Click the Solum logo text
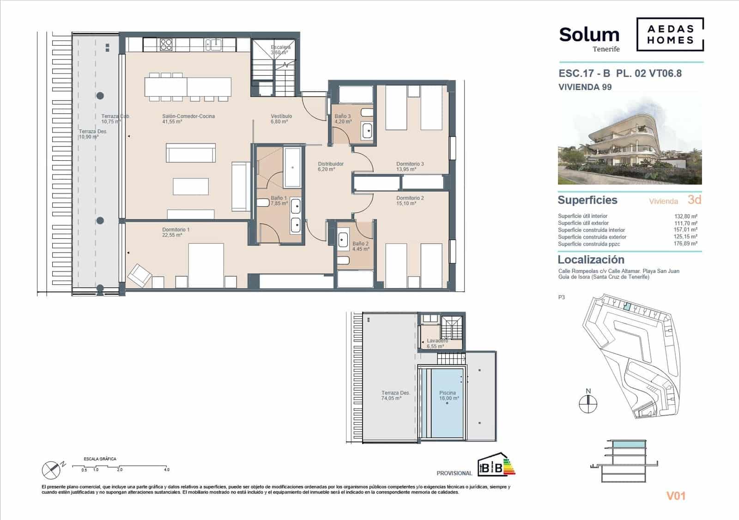589,35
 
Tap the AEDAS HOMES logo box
670,34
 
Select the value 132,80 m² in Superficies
685,216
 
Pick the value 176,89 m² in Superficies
685,244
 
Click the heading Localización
591,260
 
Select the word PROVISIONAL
454,473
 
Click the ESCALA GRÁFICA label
100,459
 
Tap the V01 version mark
676,496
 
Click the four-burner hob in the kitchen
166,45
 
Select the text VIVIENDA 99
585,87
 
